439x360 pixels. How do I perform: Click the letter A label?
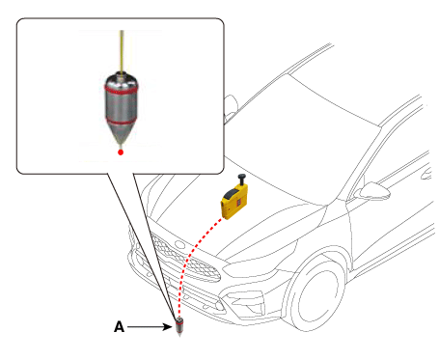[119, 327]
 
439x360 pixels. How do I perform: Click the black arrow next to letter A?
[150, 327]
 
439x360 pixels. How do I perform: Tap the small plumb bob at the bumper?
[179, 326]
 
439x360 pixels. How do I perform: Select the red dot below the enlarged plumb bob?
[121, 152]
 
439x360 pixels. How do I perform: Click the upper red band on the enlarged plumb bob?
[122, 89]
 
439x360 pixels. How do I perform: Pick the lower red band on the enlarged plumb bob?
[122, 122]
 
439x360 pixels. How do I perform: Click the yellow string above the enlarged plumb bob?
[122, 51]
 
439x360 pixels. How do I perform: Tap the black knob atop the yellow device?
[241, 179]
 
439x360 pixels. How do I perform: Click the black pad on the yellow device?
[231, 194]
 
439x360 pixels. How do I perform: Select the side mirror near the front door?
[373, 190]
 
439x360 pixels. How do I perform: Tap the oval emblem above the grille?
[179, 245]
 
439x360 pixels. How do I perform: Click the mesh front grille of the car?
[185, 258]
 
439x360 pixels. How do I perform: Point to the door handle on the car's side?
[427, 174]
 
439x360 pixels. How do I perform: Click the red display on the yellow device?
[239, 203]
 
